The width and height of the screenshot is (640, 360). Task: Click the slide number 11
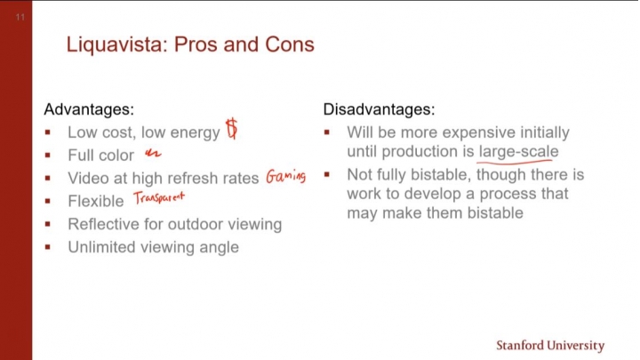coord(20,17)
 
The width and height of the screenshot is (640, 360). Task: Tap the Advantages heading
coord(89,109)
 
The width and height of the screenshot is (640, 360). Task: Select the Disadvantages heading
coord(379,109)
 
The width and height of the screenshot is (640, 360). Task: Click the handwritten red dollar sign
coord(232,129)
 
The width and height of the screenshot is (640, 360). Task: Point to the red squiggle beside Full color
coord(153,154)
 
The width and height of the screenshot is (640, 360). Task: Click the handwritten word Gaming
coord(285,176)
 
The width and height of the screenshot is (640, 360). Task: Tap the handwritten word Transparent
coord(159,197)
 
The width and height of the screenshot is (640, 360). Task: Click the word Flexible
coord(95,201)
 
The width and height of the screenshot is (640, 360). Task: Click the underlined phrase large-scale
coord(519,152)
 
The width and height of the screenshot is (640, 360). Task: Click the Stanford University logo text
coord(550,345)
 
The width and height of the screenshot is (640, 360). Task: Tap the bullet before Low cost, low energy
coord(48,132)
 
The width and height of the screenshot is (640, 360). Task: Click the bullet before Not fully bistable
coord(327,175)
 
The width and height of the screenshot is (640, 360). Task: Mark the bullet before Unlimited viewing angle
coord(48,247)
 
